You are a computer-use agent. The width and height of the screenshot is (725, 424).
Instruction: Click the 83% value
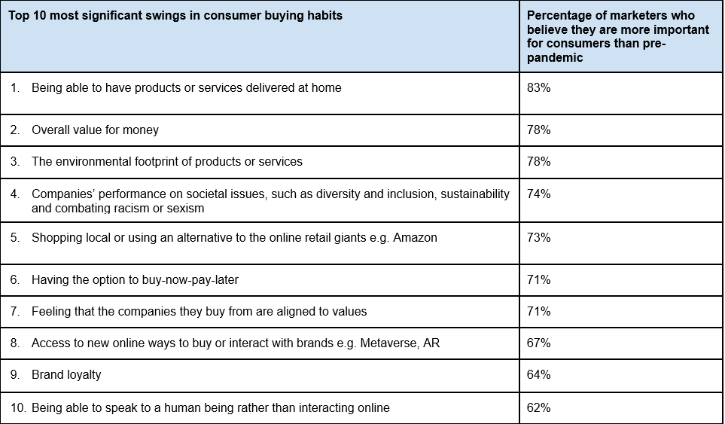(x=539, y=88)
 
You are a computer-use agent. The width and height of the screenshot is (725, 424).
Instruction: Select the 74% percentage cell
(x=539, y=194)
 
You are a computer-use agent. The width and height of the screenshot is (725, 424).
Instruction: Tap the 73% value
(x=539, y=238)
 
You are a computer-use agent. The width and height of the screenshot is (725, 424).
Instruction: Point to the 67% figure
(x=539, y=343)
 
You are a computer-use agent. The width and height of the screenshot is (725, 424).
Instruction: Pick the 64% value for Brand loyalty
(x=539, y=375)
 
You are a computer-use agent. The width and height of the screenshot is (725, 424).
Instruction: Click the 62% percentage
(x=539, y=408)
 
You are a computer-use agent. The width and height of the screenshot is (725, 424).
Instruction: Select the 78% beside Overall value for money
(x=539, y=130)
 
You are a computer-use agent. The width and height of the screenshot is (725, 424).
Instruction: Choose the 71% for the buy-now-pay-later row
(x=539, y=280)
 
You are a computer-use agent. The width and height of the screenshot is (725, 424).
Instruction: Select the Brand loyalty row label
(x=66, y=375)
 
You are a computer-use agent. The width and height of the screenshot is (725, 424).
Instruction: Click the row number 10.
(x=17, y=408)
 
